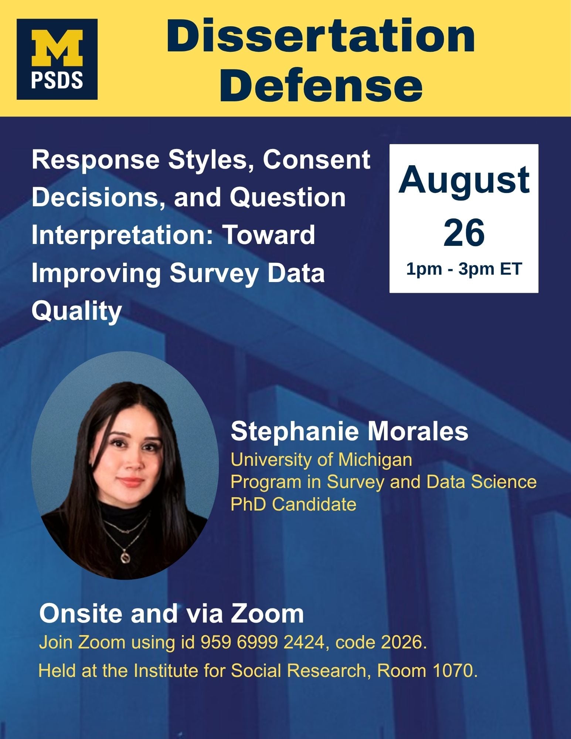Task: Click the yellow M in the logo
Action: pos(57,48)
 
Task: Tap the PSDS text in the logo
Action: pos(57,80)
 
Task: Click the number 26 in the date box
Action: pos(464,233)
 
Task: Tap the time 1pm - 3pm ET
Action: pos(464,269)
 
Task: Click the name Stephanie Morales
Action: pos(349,431)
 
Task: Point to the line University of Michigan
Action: pos(321,460)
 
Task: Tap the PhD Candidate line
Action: pos(293,504)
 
